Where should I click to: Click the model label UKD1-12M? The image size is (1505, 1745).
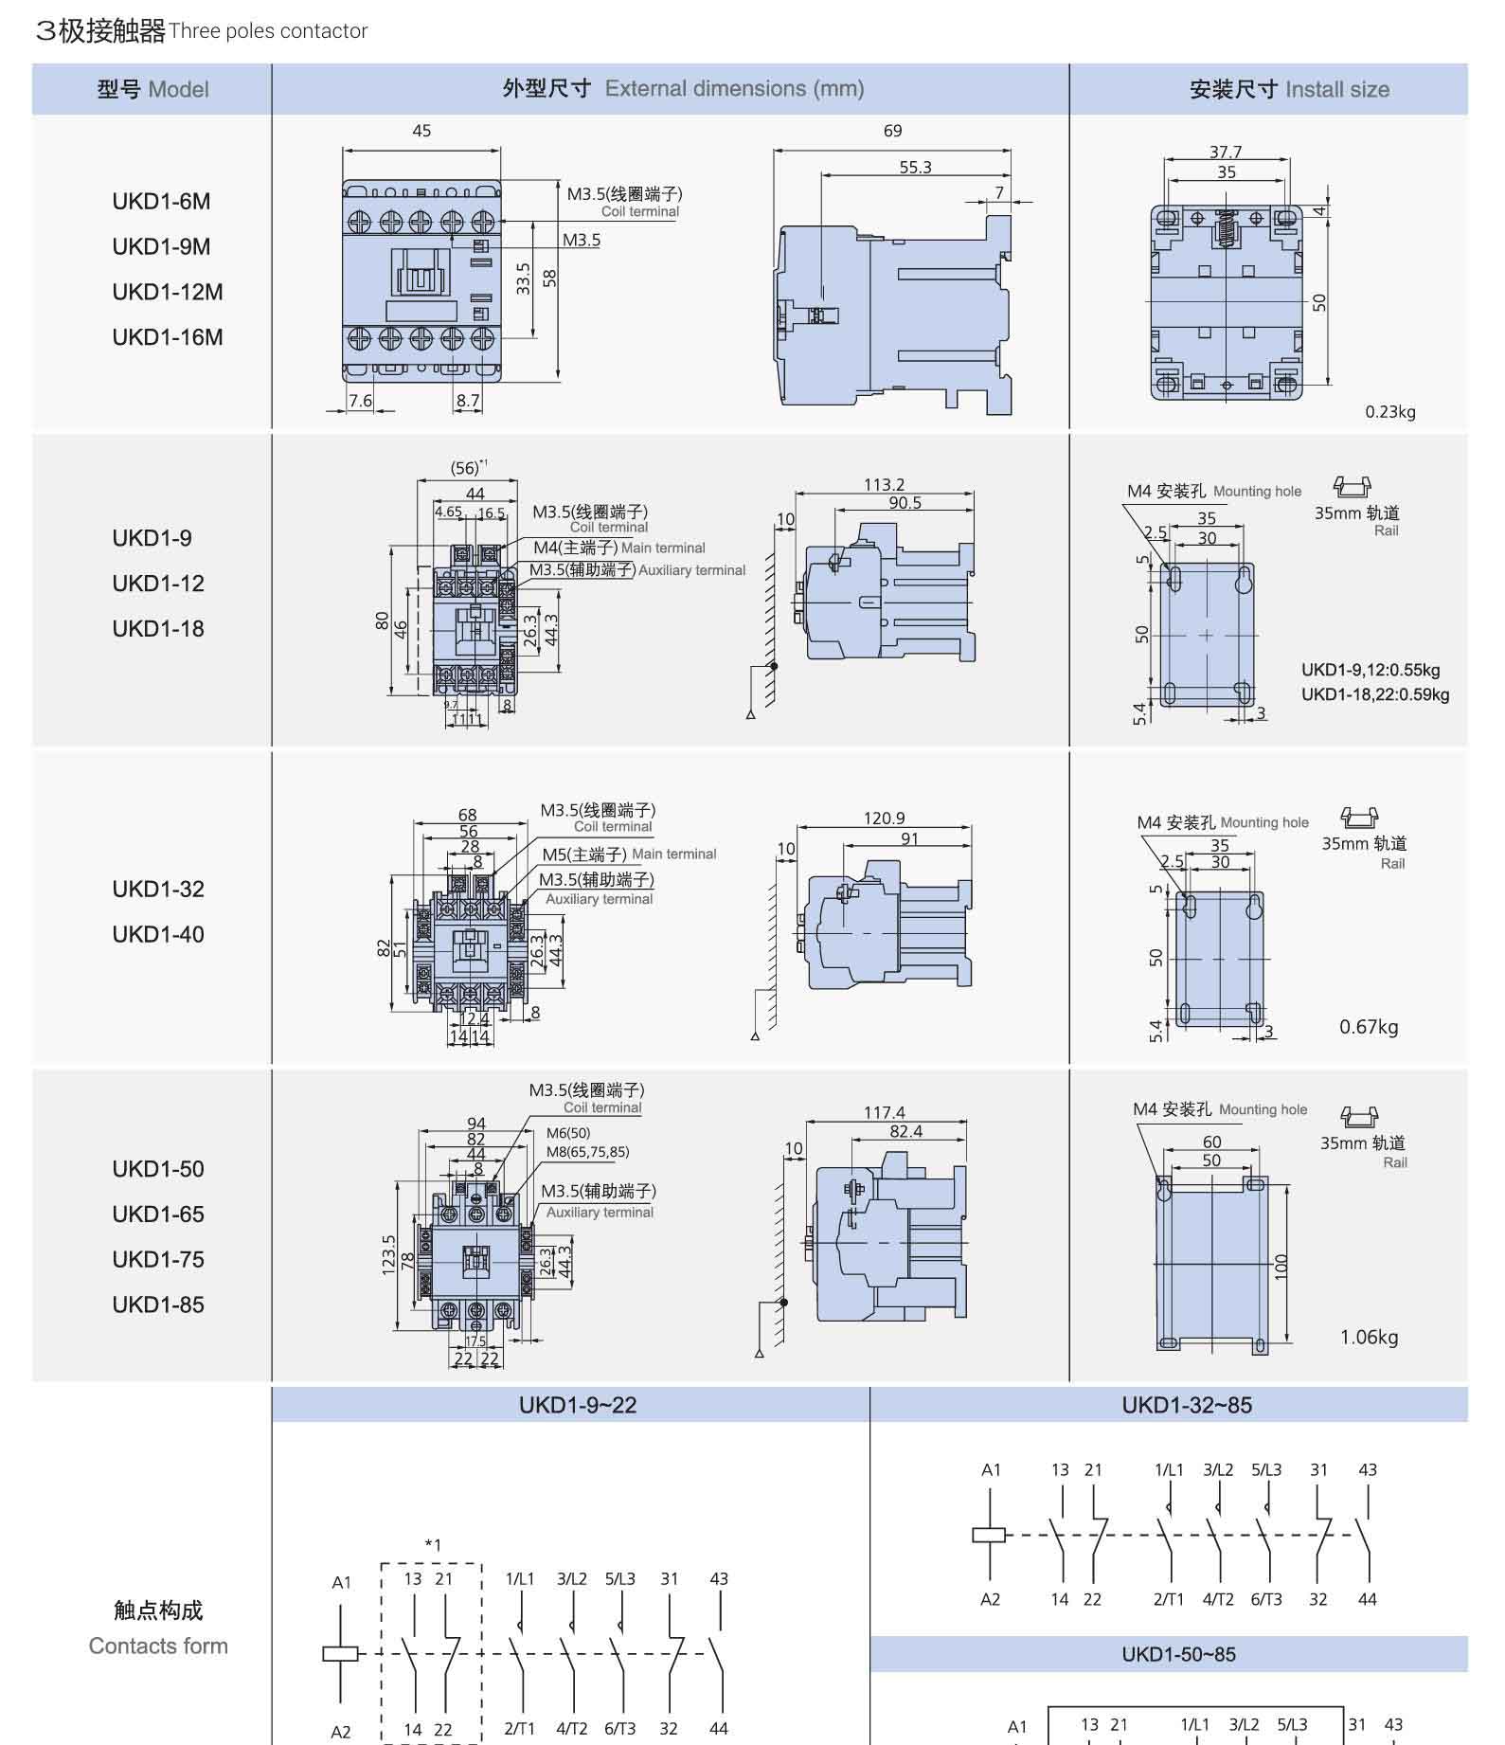[x=167, y=292]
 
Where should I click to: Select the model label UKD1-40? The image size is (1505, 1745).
[x=158, y=934]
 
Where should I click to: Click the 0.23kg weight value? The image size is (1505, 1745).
[x=1389, y=412]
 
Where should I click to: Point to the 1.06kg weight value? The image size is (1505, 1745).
[x=1368, y=1337]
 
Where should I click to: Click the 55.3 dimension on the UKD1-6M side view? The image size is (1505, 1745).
[x=915, y=167]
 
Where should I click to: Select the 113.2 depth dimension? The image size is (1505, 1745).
[x=884, y=484]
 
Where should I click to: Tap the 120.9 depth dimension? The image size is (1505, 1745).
[x=884, y=818]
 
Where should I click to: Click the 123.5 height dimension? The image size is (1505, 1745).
[x=388, y=1255]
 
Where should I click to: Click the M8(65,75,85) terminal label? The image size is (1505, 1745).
[x=587, y=1152]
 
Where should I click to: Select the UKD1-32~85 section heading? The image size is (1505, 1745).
[x=1186, y=1405]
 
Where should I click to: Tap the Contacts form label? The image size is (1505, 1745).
[x=158, y=1646]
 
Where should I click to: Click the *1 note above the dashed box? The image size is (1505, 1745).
[x=432, y=1545]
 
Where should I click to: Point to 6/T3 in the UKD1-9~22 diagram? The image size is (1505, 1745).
[x=619, y=1728]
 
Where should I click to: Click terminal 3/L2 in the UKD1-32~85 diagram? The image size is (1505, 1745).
[x=1217, y=1470]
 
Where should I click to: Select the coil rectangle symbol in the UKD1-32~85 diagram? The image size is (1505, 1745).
[x=989, y=1535]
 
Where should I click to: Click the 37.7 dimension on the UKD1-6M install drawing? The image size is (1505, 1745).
[x=1225, y=152]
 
